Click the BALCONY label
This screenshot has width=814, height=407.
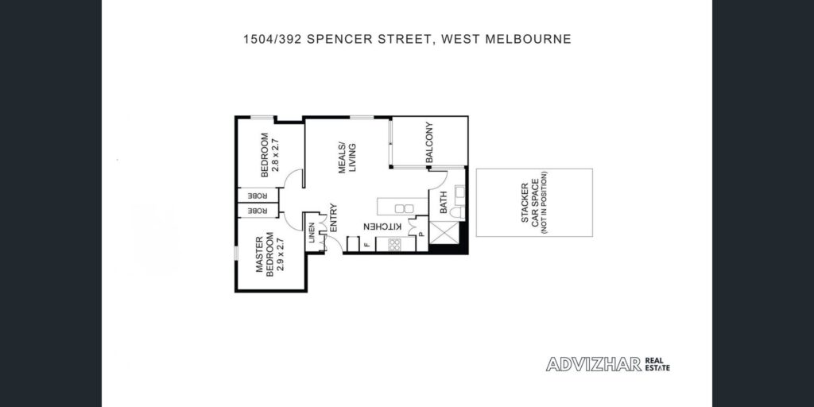[429, 143]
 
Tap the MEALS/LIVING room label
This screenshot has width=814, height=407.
[347, 157]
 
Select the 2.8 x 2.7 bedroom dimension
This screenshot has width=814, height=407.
[277, 155]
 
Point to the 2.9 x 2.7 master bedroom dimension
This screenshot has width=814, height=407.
[282, 258]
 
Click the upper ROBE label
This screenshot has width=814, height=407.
[258, 196]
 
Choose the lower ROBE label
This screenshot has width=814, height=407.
[258, 211]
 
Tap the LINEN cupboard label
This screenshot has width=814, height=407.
[312, 233]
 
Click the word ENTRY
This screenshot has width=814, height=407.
[334, 217]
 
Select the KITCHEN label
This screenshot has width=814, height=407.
[382, 227]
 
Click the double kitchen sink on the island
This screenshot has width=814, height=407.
[404, 209]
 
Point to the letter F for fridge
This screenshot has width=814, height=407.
[366, 245]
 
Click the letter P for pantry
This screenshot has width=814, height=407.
[421, 235]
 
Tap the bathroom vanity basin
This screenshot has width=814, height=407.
[459, 195]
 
